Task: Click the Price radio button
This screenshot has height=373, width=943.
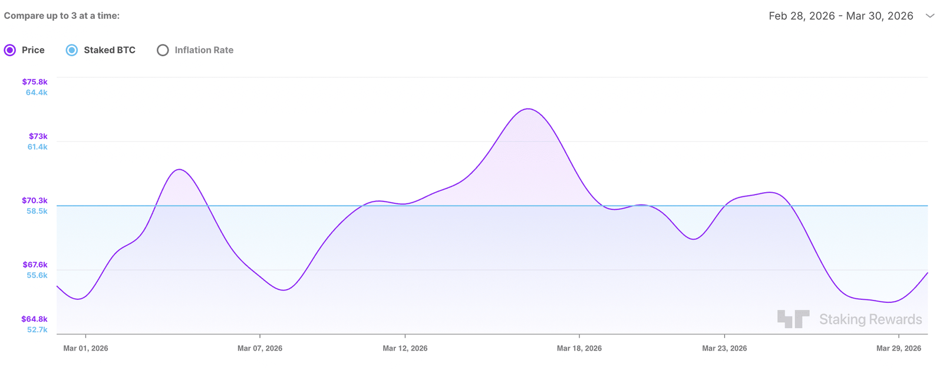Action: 10,50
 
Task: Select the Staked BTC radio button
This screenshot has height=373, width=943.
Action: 72,50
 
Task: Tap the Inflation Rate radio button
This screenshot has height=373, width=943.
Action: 163,50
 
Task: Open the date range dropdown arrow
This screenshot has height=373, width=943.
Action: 929,16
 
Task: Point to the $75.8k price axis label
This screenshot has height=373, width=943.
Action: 35,82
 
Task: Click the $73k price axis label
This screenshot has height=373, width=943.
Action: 38,136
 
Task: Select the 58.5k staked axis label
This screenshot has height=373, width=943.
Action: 37,211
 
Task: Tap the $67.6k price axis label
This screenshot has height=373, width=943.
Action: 35,265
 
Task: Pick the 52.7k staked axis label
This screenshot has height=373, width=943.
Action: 37,329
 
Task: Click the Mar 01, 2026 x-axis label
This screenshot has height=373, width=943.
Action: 85,348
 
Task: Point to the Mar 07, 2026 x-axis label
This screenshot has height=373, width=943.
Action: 260,348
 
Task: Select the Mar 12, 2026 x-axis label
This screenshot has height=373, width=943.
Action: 405,348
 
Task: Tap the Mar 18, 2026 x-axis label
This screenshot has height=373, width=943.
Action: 579,348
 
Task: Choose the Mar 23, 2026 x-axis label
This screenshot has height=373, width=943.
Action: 724,348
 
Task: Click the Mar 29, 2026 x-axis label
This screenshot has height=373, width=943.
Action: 898,348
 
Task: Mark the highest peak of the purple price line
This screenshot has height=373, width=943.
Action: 528,109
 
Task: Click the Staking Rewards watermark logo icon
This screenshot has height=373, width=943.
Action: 793,319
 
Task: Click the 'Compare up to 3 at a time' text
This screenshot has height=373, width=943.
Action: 62,16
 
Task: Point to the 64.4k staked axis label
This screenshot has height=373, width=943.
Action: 37,93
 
